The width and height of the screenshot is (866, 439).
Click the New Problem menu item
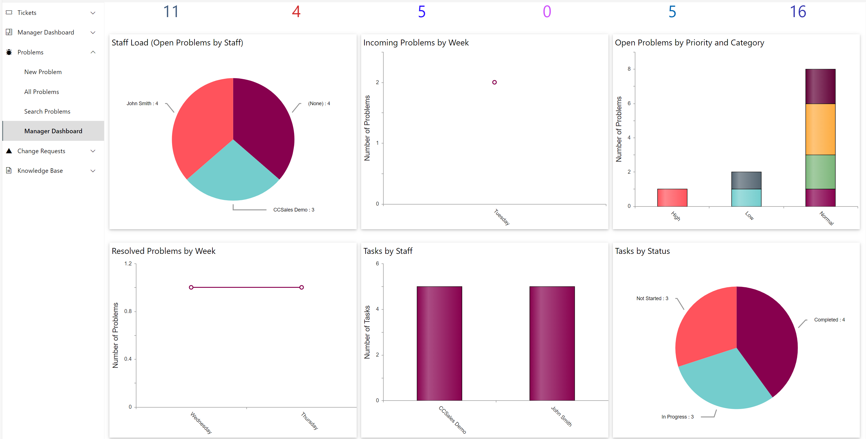43,72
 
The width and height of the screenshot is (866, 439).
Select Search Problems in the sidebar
47,111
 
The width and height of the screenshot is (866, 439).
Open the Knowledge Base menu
40,171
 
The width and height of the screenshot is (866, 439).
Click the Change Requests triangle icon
9,151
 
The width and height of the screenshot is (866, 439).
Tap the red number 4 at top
296,12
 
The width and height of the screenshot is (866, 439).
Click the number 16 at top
798,12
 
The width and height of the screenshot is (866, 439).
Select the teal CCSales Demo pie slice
233,175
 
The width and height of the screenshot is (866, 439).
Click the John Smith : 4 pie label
142,104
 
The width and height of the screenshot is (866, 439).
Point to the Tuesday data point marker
494,82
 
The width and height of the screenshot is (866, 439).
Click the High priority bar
672,198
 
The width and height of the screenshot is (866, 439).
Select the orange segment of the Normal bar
820,129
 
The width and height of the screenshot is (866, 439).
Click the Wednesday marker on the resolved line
191,288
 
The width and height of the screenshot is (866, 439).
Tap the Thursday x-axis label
309,420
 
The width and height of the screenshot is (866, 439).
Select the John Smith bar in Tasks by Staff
552,343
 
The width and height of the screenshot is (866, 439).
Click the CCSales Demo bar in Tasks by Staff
439,343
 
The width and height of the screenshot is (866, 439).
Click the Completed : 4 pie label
829,320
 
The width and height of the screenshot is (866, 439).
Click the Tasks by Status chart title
642,251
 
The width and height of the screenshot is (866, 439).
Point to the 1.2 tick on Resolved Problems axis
128,263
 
